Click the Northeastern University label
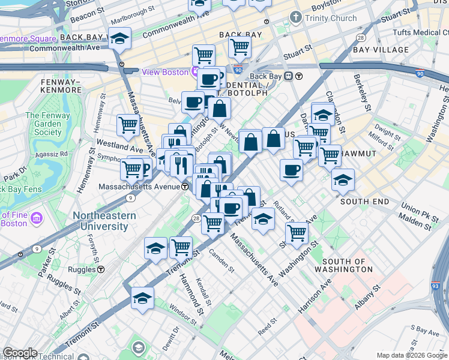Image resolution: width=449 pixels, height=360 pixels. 100,221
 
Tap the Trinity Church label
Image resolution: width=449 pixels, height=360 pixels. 331,18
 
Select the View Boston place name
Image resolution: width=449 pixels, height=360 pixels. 165,72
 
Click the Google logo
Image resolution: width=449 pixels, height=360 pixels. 20,353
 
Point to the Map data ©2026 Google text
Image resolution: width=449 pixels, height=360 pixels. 411,355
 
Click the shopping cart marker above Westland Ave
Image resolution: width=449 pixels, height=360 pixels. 128,125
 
